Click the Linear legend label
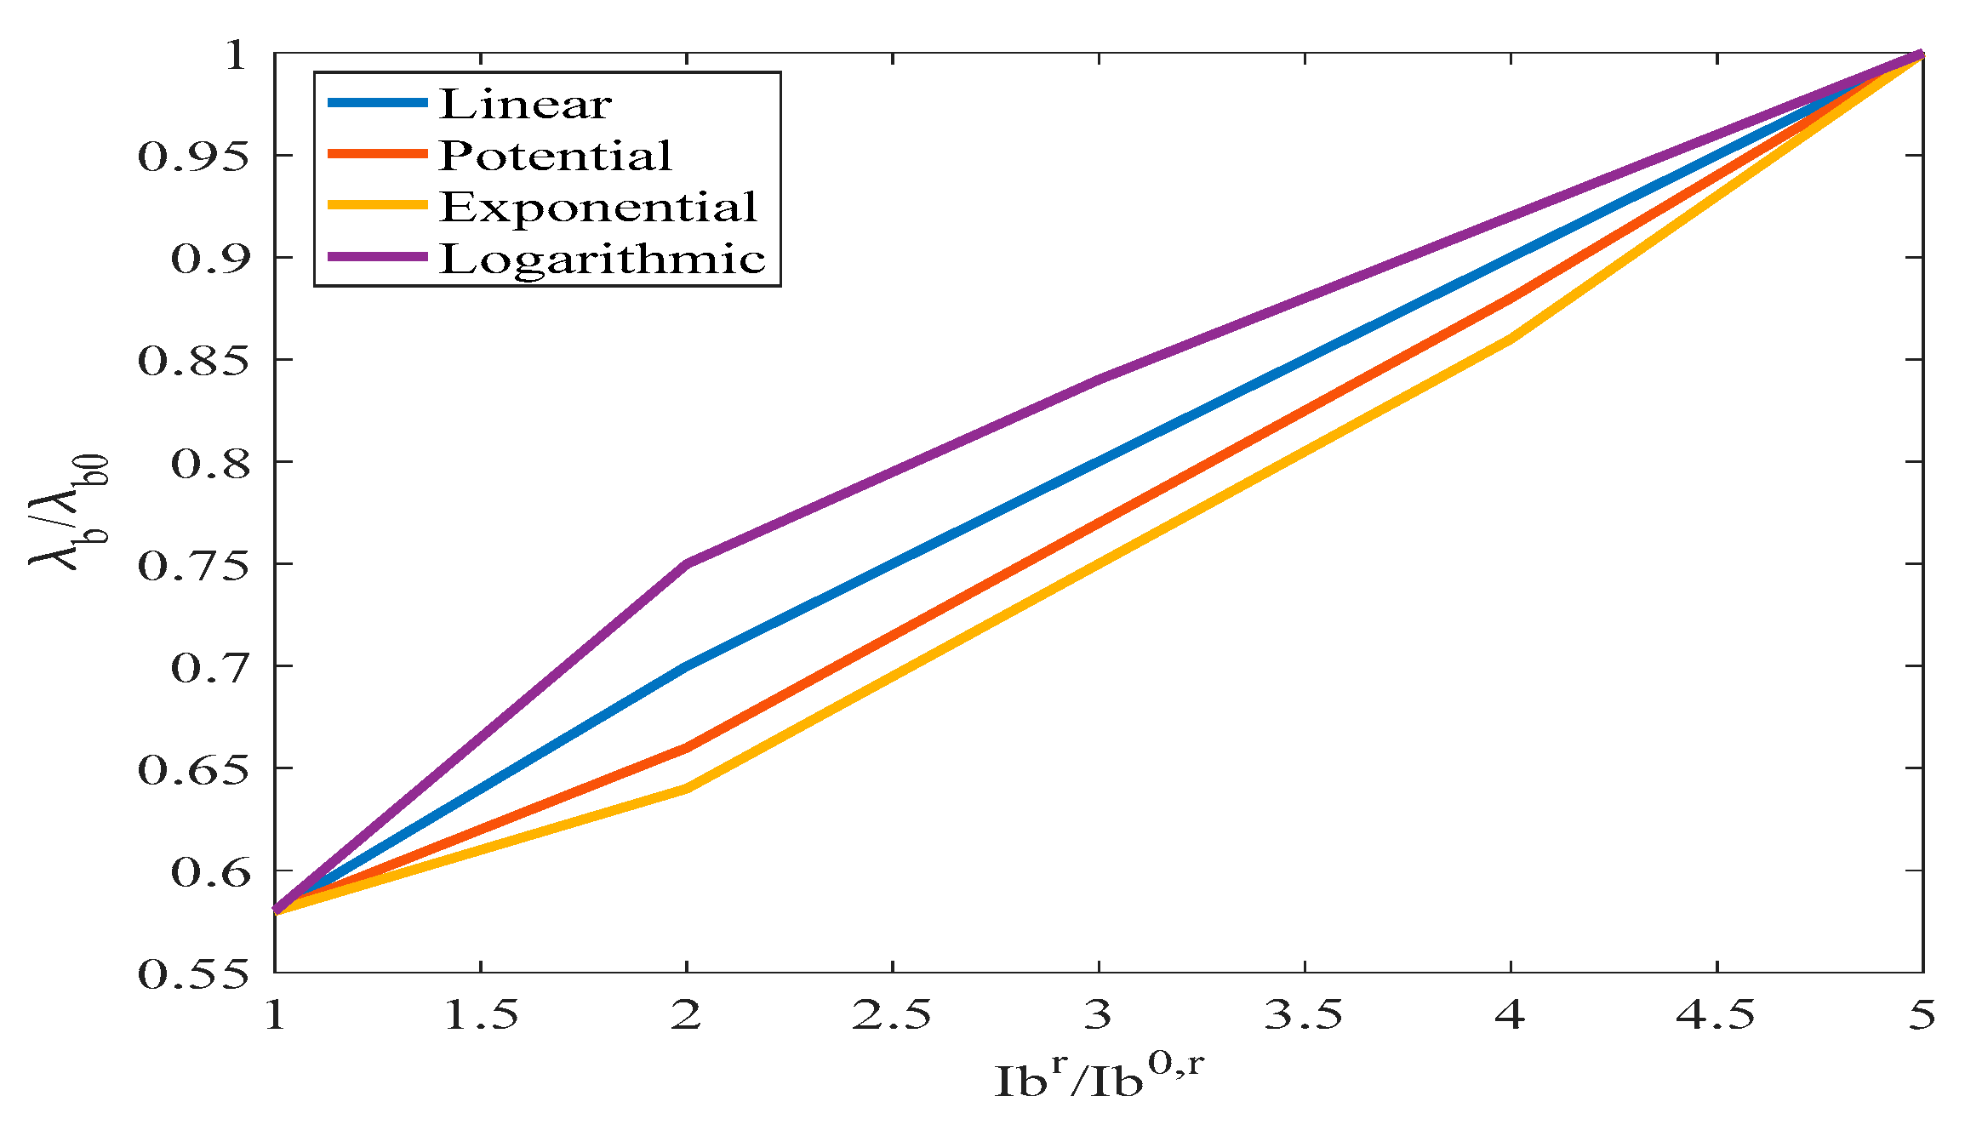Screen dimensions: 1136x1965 point(525,104)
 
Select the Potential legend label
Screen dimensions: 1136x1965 point(556,155)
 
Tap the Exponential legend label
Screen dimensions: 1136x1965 point(598,207)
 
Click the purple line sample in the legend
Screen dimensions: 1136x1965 point(377,257)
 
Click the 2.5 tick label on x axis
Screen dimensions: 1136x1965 point(892,1015)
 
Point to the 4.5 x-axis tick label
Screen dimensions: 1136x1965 point(1716,1015)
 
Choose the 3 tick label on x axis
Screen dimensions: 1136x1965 point(1099,1015)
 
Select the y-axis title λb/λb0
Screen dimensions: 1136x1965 point(70,512)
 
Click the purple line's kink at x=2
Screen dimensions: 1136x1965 point(687,563)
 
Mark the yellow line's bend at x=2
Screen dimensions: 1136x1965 point(687,789)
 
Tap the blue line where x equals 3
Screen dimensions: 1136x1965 point(1099,461)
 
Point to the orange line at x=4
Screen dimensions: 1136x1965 point(1511,298)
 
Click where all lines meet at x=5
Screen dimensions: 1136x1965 point(1922,55)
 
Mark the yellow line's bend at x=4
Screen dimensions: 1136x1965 point(1511,339)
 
